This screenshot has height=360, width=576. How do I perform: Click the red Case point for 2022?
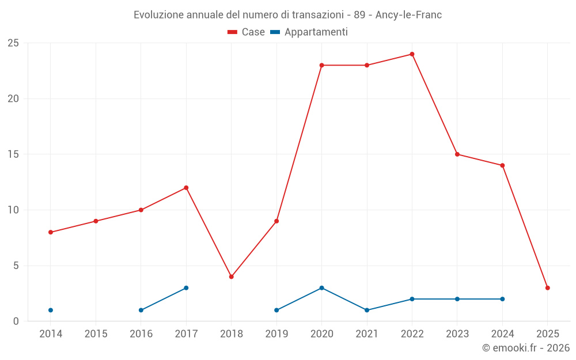point(412,54)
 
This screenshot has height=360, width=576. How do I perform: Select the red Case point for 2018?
point(231,276)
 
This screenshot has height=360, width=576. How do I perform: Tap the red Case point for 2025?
point(547,288)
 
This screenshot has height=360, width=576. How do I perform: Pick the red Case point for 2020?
point(321,65)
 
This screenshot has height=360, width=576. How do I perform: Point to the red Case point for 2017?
point(186,188)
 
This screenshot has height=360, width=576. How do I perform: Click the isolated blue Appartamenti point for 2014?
point(51,310)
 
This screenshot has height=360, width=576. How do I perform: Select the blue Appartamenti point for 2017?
point(186,288)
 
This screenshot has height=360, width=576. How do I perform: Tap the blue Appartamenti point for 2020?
point(321,288)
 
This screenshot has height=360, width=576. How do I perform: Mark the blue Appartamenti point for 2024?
point(502,299)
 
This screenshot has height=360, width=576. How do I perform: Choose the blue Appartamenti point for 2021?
point(367,310)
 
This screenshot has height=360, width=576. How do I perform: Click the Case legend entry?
point(246,32)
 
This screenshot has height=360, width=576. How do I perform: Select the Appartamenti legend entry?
point(309,32)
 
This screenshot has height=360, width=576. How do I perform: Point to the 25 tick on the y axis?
point(13,43)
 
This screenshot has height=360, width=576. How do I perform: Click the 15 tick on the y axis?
point(13,154)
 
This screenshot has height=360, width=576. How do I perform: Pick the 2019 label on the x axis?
point(276,334)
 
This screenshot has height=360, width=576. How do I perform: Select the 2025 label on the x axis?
point(547,334)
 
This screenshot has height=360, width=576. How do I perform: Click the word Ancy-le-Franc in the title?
point(408,15)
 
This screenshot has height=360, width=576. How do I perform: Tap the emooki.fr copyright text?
point(525,348)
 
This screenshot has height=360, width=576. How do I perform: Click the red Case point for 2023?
point(457,154)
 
